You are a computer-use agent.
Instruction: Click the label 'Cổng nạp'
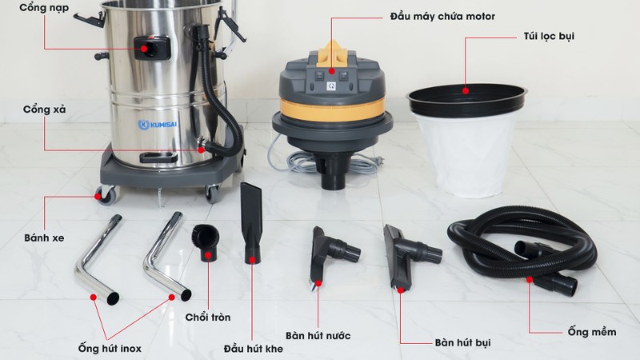[x=44, y=8]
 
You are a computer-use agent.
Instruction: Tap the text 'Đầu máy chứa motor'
[x=442, y=17]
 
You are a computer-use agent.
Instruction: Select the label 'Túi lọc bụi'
[x=549, y=36]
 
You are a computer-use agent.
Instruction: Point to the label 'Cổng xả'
[x=44, y=110]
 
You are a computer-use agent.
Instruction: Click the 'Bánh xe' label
[x=44, y=238]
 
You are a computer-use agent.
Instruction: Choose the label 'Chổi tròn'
[x=208, y=317]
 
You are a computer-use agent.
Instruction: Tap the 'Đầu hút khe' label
[x=253, y=349]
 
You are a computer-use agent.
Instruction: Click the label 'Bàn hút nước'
[x=318, y=336]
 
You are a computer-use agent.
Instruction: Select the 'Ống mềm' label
[x=592, y=332]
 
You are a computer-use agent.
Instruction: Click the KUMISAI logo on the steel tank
[x=158, y=124]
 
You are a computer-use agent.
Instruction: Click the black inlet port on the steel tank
[x=152, y=48]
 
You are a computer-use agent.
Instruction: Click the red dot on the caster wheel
[x=98, y=197]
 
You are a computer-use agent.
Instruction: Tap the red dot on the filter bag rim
[x=466, y=90]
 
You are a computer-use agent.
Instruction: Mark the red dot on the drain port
[x=202, y=150]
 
